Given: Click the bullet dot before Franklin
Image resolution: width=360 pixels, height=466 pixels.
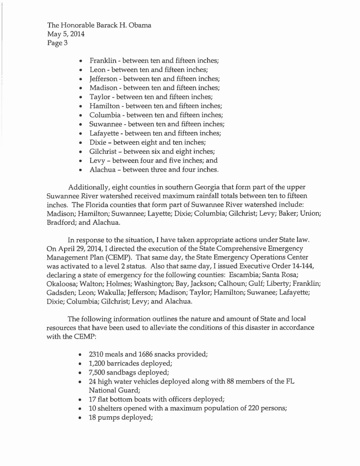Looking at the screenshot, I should pyautogui.click(x=80, y=61).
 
